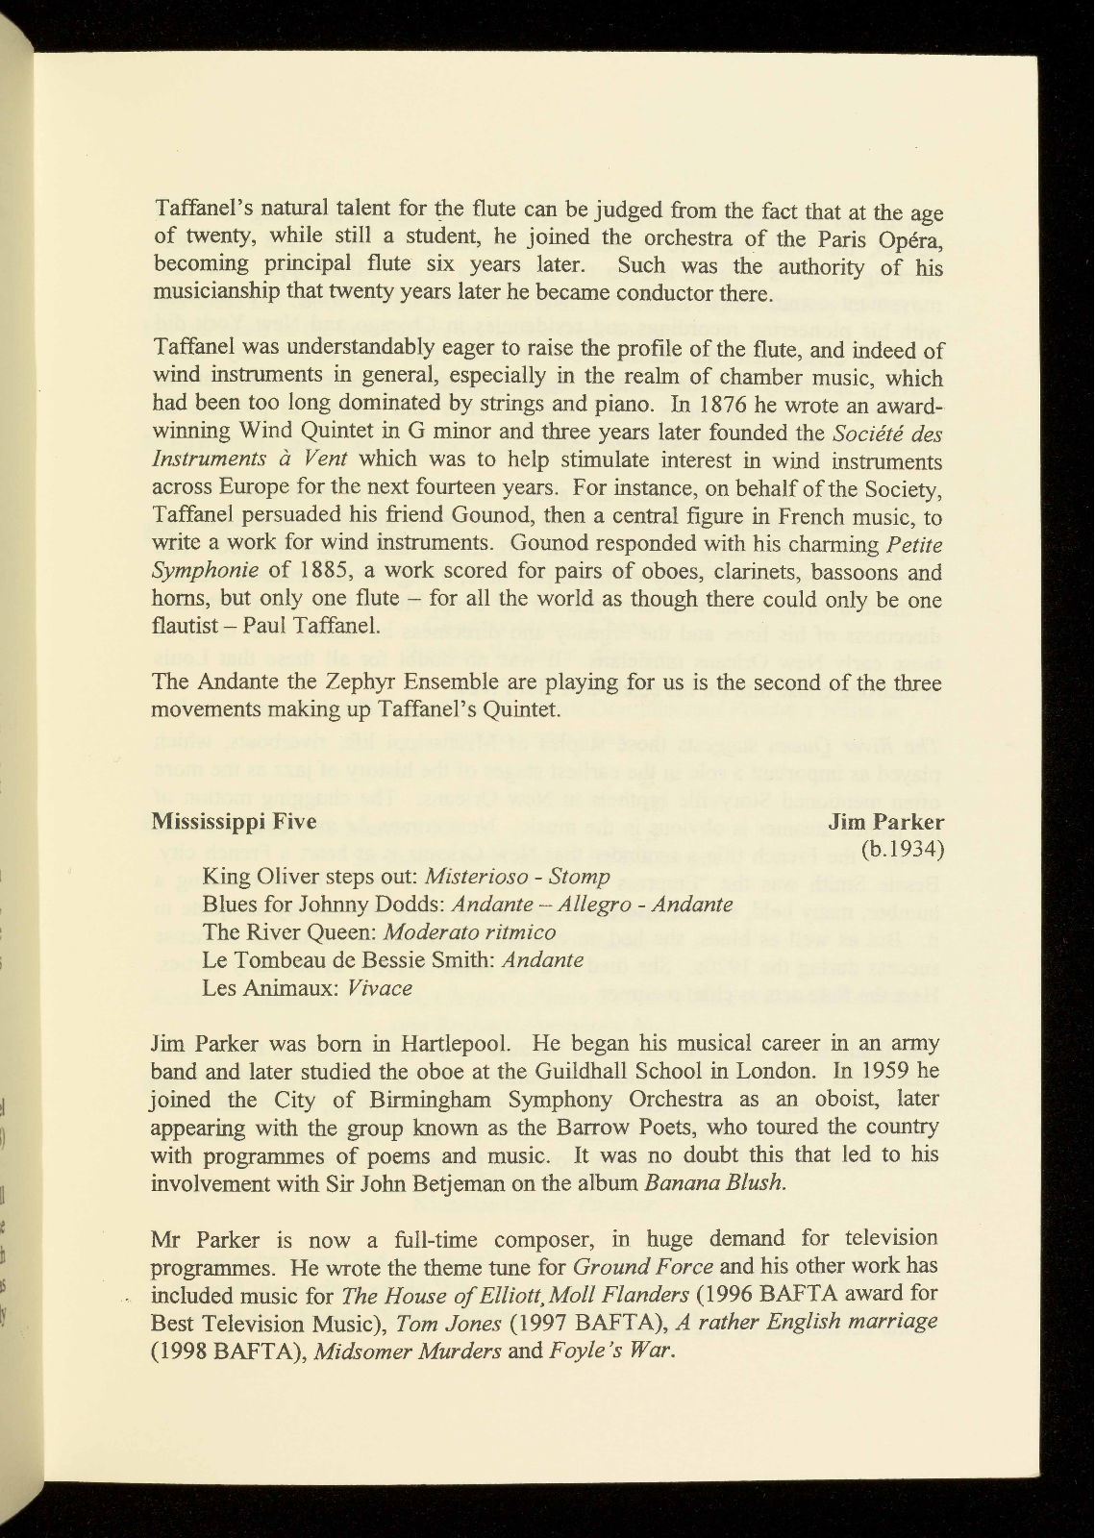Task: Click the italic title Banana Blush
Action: (715, 1183)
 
